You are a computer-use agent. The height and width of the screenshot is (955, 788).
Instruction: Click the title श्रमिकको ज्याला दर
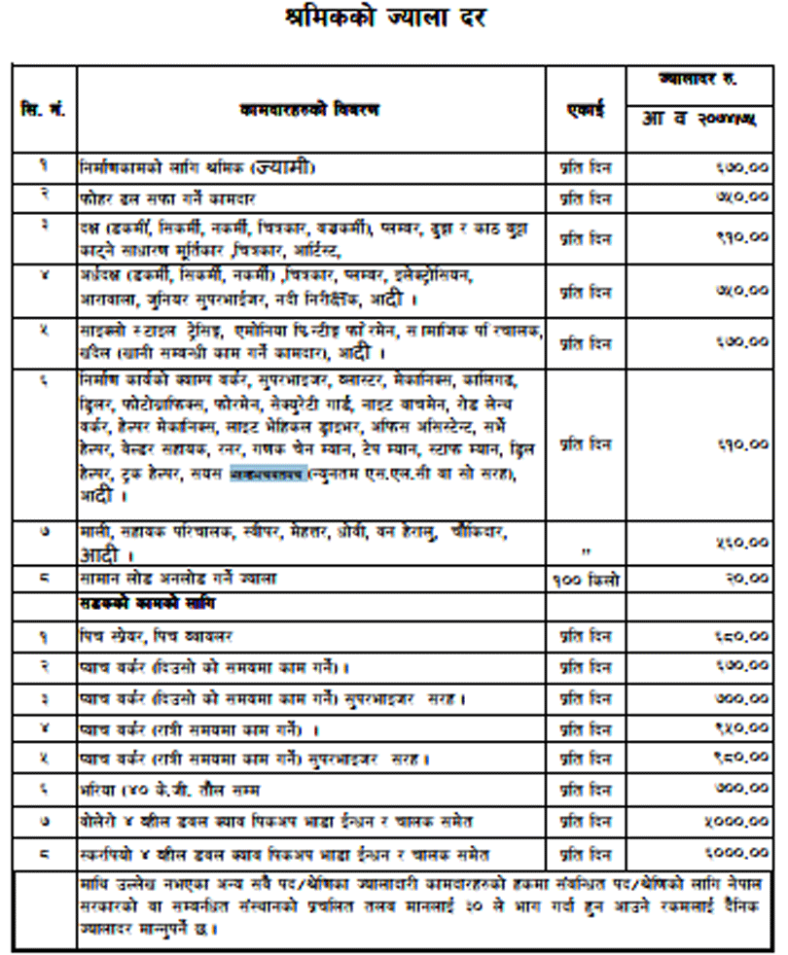coord(393,19)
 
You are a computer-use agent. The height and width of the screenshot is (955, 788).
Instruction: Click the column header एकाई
coord(586,110)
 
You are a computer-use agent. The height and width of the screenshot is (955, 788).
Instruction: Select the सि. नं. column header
coord(42,110)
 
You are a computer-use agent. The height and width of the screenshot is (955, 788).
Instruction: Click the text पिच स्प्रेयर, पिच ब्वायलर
coord(157,637)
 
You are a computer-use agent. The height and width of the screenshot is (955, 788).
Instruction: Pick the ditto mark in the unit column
coord(586,553)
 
